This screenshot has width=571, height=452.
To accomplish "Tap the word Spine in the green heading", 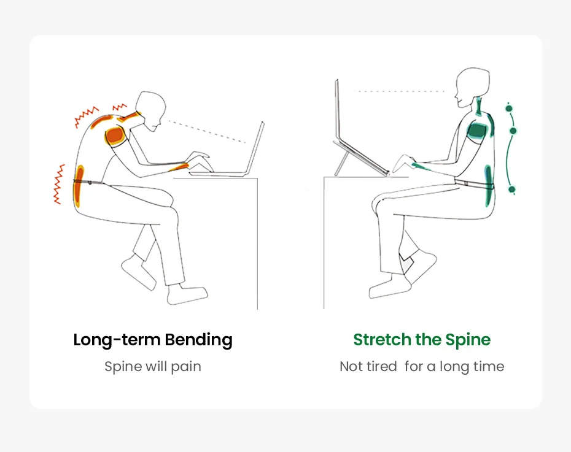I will (x=468, y=340).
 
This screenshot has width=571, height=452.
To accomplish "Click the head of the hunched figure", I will (x=151, y=109).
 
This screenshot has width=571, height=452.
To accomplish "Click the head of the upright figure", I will (x=473, y=86).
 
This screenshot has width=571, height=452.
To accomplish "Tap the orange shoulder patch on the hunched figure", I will (x=115, y=136).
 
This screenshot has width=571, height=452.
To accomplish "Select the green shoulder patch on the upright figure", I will (x=478, y=130).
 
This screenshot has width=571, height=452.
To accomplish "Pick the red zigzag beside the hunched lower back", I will (x=59, y=183).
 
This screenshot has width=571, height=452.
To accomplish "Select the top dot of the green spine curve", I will (x=508, y=109).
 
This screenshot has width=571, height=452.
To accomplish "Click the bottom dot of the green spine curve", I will (x=511, y=190).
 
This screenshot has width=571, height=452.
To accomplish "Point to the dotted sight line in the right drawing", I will (x=400, y=91).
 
